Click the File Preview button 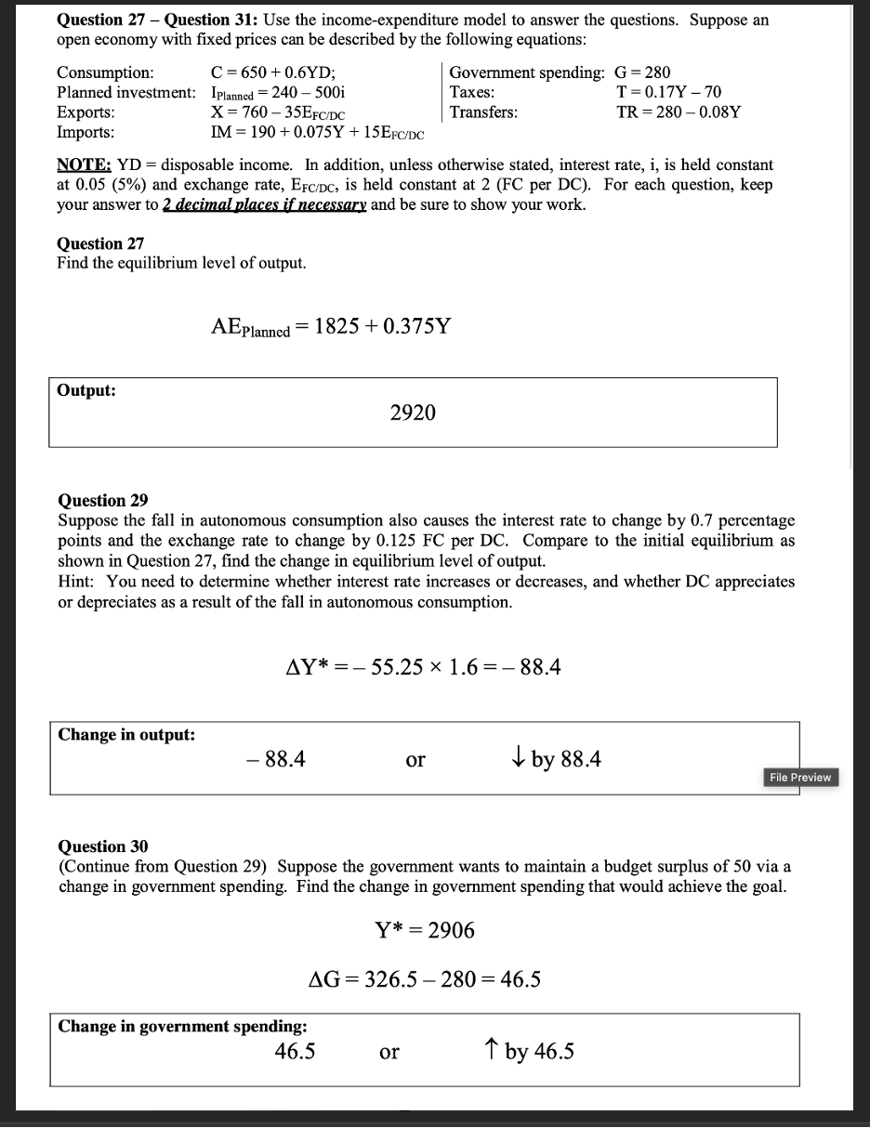click(799, 777)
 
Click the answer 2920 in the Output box click(413, 413)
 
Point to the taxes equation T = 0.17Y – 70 click(668, 92)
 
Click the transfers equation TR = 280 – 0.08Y click(679, 112)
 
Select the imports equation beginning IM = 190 click(318, 133)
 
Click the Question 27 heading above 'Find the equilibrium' click(100, 243)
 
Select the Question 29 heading click(102, 500)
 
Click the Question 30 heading click(102, 846)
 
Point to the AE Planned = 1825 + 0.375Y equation click(331, 327)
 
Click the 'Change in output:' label click(126, 734)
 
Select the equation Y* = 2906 click(424, 930)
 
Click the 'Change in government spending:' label click(183, 1026)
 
